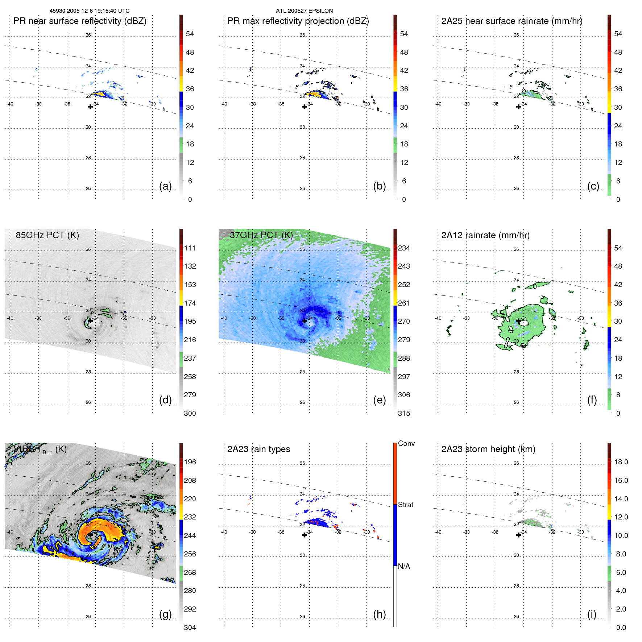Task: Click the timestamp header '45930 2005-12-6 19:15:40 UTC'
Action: pyautogui.click(x=90, y=11)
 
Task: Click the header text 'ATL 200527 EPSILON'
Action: pyautogui.click(x=304, y=11)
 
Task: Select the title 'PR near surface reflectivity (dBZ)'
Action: pyautogui.click(x=80, y=21)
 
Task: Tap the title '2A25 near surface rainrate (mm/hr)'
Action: pyautogui.click(x=511, y=21)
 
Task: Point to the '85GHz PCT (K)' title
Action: pyautogui.click(x=47, y=235)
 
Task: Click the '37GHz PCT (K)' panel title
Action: pyautogui.click(x=261, y=235)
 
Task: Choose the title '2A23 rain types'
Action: pyautogui.click(x=258, y=449)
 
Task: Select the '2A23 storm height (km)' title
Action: pyautogui.click(x=488, y=449)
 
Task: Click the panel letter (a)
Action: pyautogui.click(x=165, y=186)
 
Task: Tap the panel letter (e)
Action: pyautogui.click(x=379, y=400)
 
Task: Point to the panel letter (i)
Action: pyautogui.click(x=592, y=614)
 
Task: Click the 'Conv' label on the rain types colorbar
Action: pyautogui.click(x=406, y=444)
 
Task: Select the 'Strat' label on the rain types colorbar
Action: pyautogui.click(x=406, y=505)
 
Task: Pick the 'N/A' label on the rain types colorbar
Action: pyautogui.click(x=404, y=566)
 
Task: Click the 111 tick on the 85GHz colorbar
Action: pyautogui.click(x=190, y=248)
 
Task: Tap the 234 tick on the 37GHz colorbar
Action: pyautogui.click(x=404, y=248)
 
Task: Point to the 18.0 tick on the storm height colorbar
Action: pyautogui.click(x=621, y=462)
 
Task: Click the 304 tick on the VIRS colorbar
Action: pyautogui.click(x=190, y=627)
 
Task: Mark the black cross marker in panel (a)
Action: pyautogui.click(x=90, y=107)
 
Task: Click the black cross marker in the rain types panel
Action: pyautogui.click(x=305, y=535)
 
